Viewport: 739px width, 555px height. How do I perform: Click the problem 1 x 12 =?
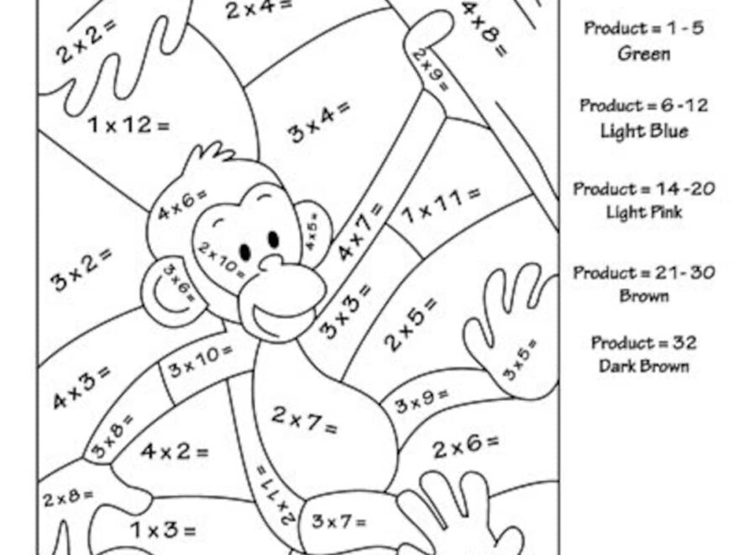[128, 125]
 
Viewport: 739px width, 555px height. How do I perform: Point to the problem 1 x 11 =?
[441, 204]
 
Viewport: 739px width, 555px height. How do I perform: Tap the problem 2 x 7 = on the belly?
[304, 420]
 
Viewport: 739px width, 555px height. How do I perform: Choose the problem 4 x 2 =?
[174, 452]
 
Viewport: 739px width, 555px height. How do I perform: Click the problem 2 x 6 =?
[465, 447]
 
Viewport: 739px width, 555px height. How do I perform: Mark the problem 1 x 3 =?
[163, 530]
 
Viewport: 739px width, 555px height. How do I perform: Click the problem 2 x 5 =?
[411, 324]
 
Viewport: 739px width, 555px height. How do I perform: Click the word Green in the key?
[644, 54]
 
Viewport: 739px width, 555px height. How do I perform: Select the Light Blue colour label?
[644, 131]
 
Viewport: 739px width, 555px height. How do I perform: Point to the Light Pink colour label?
[644, 212]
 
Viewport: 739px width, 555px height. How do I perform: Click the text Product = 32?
[644, 343]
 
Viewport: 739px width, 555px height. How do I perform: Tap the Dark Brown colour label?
[644, 366]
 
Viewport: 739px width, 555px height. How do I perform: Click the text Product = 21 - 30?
[644, 273]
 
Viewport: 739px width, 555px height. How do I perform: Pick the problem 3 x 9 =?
[422, 400]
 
